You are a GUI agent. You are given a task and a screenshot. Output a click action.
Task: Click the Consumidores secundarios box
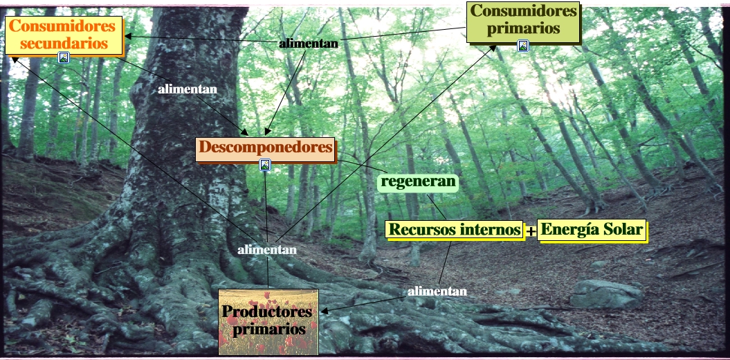click(63, 35)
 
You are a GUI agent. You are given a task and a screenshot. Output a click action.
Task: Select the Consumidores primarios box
click(522, 20)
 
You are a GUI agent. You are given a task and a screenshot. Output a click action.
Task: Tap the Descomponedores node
click(266, 147)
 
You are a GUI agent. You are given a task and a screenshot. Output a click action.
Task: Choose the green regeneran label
click(419, 183)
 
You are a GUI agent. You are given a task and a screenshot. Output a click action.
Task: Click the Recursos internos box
click(455, 230)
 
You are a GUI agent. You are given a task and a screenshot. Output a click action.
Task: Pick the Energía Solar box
click(592, 230)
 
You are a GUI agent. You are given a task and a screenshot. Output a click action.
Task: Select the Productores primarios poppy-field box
click(268, 321)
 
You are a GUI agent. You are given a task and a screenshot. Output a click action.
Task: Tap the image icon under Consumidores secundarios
click(64, 57)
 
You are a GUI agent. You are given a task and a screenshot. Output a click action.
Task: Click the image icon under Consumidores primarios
click(523, 46)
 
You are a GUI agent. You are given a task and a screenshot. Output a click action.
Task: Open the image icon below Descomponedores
click(264, 165)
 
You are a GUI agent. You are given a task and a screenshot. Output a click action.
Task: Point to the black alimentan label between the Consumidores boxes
click(309, 44)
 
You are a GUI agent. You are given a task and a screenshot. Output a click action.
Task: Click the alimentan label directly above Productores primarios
click(267, 249)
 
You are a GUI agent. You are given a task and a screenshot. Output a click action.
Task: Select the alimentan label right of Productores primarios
click(437, 291)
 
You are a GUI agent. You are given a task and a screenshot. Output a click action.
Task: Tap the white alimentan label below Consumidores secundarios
click(188, 89)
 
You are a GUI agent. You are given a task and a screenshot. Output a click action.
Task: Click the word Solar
click(622, 230)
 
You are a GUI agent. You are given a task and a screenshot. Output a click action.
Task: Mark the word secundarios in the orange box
click(63, 42)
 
